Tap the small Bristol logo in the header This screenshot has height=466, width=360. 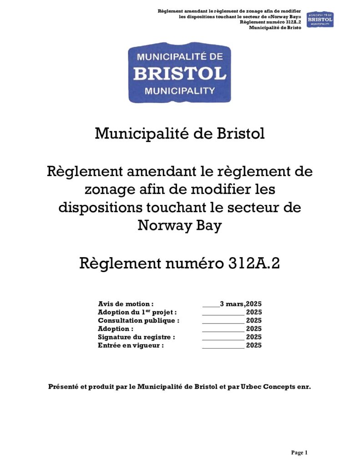320,19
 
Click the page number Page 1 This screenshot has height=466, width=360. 299,452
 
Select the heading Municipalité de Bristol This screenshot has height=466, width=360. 180,133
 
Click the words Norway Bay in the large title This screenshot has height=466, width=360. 180,225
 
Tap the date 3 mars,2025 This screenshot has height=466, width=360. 240,304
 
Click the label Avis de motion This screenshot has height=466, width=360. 126,304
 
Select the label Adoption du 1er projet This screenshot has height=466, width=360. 137,312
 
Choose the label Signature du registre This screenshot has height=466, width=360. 137,337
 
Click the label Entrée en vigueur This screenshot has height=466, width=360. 131,345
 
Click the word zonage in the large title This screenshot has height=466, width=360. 112,189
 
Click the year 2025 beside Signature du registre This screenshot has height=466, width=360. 254,337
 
